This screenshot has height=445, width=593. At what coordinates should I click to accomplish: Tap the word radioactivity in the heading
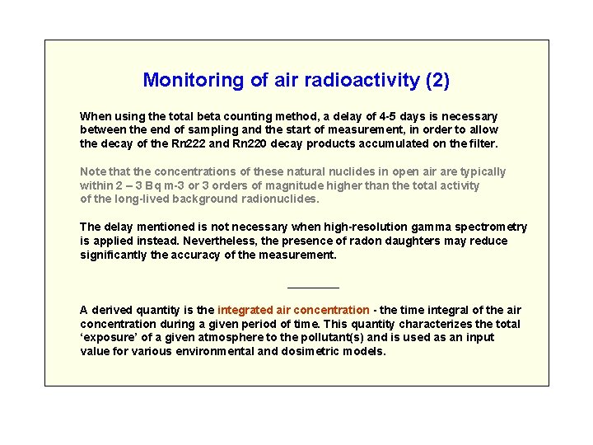coord(362,80)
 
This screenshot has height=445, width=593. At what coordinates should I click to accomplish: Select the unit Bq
coord(152,185)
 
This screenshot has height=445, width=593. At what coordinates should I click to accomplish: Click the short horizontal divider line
coord(313,288)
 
